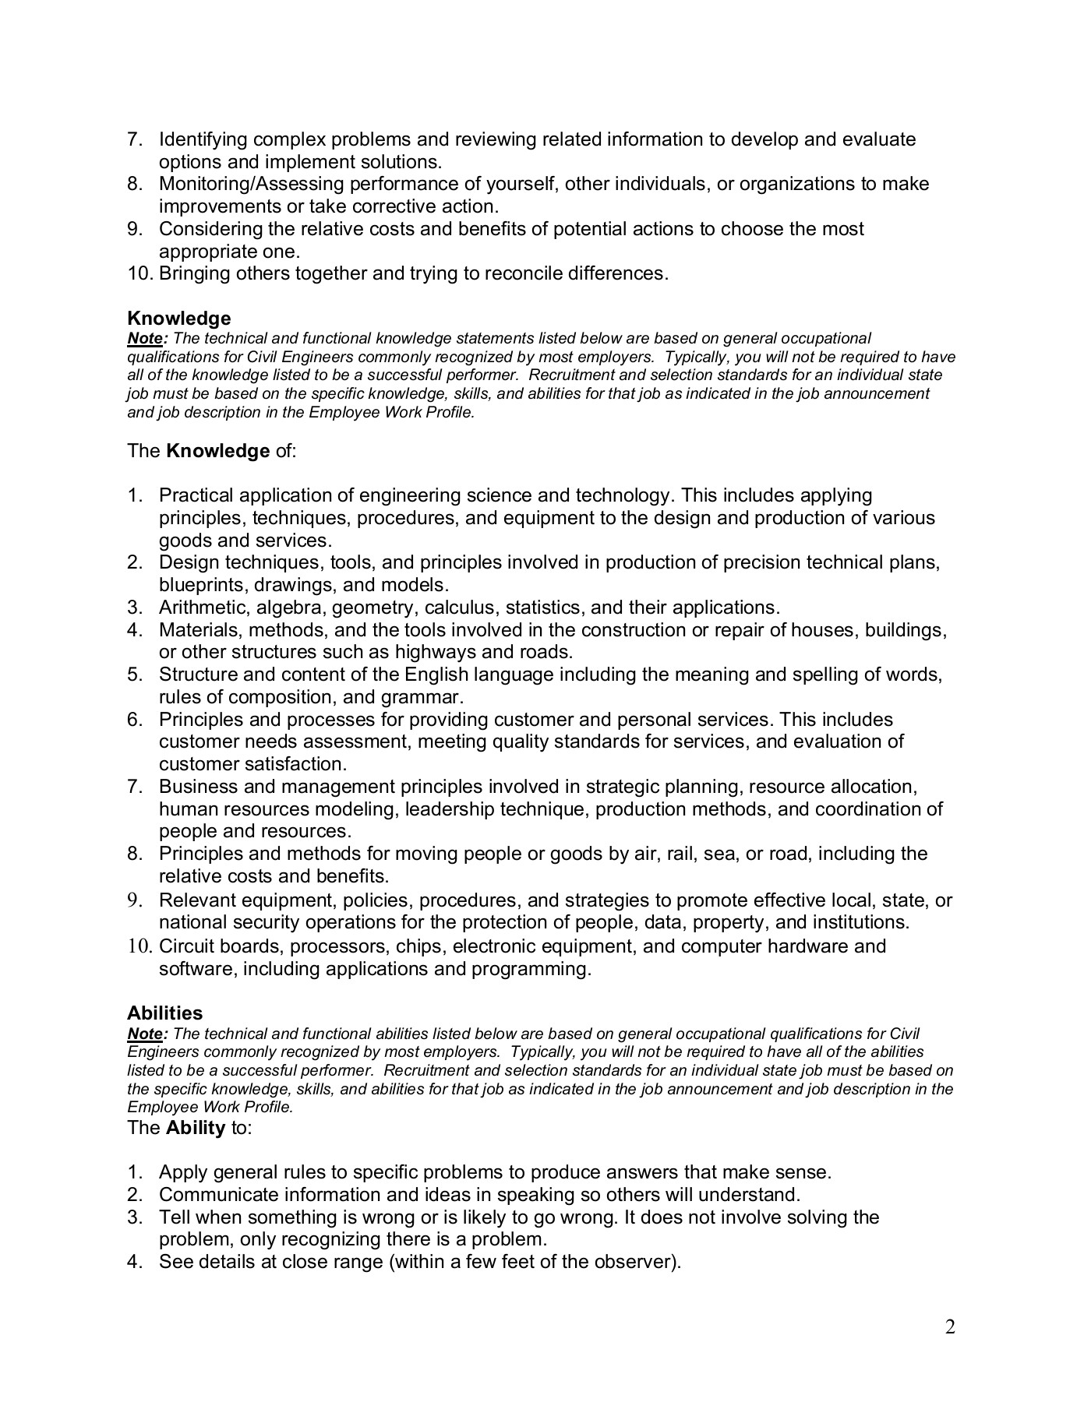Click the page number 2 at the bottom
[950, 1327]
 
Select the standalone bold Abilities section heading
[164, 1013]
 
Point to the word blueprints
[199, 585]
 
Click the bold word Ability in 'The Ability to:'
[196, 1128]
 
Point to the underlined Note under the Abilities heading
[145, 1034]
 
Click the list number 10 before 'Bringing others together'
[140, 274]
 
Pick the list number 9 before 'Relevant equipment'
[134, 900]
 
